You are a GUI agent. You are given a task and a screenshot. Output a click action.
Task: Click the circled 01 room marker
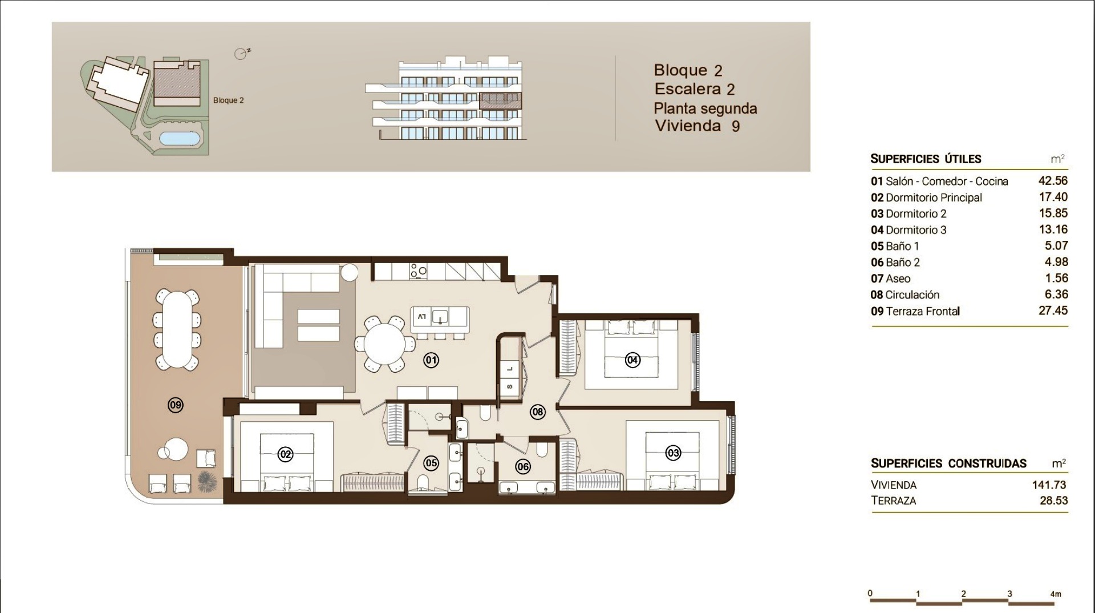click(x=431, y=360)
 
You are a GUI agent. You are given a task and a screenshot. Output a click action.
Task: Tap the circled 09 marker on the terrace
click(x=176, y=405)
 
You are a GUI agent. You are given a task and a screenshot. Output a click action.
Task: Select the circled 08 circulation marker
click(x=537, y=412)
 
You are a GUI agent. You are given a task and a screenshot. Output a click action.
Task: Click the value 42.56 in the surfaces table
click(x=1053, y=181)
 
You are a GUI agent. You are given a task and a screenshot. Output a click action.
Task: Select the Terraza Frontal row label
click(x=915, y=311)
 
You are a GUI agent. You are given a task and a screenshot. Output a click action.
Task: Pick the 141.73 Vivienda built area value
click(x=1049, y=485)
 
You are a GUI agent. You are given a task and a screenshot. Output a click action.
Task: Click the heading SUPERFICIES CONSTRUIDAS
click(x=948, y=463)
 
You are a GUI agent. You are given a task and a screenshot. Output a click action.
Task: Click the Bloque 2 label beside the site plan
click(x=228, y=100)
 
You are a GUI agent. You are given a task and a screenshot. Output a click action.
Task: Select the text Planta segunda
click(x=705, y=108)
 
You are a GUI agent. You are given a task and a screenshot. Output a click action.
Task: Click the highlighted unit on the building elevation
click(x=500, y=101)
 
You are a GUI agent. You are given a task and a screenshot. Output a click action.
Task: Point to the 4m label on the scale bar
click(x=1056, y=594)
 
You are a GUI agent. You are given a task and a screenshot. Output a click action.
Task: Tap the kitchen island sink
click(x=440, y=316)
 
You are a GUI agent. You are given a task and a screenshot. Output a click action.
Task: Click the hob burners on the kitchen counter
click(x=419, y=271)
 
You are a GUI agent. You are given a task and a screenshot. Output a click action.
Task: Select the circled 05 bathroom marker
click(x=431, y=463)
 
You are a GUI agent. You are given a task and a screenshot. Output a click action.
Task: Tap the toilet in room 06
click(x=542, y=450)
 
